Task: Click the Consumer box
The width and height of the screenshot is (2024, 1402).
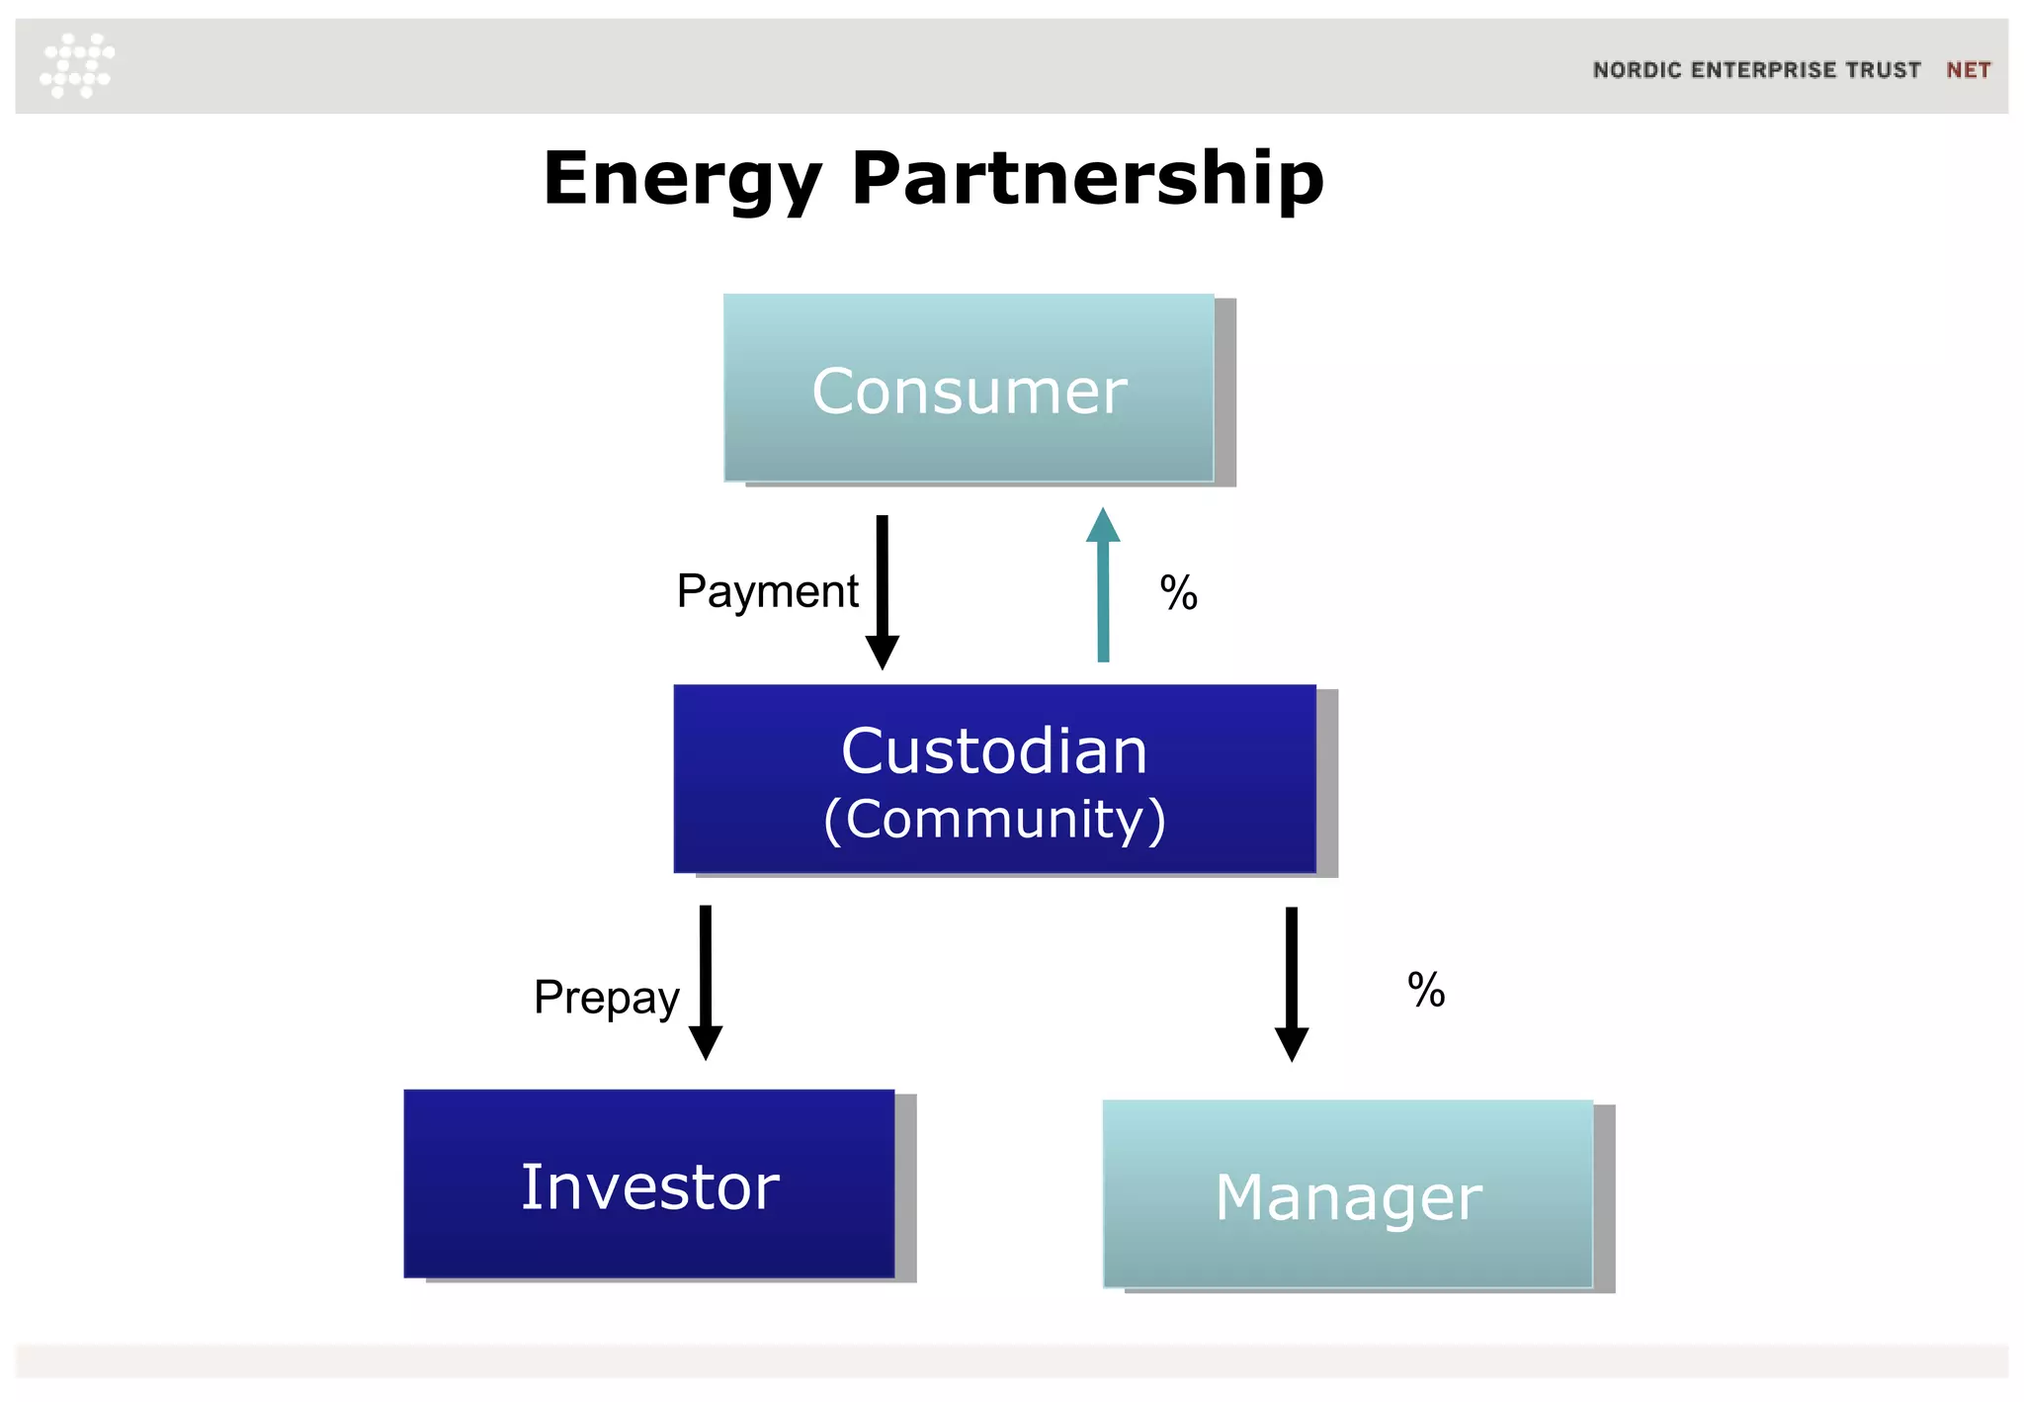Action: click(969, 388)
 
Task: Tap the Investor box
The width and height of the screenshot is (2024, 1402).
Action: click(649, 1183)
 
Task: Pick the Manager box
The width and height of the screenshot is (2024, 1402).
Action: click(1348, 1194)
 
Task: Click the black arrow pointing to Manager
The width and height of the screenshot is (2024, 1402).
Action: click(1291, 984)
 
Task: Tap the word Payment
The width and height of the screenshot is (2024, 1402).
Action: click(767, 592)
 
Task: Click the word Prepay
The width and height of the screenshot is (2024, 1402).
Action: click(606, 997)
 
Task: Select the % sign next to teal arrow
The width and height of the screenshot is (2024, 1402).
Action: click(1178, 593)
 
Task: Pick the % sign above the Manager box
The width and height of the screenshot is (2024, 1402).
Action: click(1425, 990)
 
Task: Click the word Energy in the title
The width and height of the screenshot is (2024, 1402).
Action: click(682, 180)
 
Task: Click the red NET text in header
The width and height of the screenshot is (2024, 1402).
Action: click(1968, 70)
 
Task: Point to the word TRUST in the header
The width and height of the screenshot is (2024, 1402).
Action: click(1883, 70)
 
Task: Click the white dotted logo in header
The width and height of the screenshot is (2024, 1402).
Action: click(77, 65)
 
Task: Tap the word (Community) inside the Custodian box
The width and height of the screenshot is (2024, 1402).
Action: click(994, 820)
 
